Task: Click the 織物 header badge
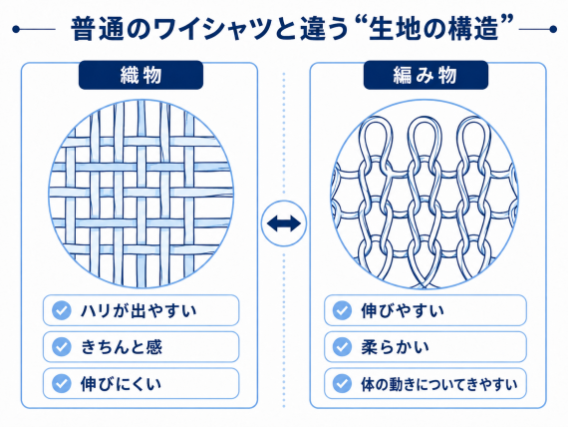(x=141, y=75)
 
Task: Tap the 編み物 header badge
(x=426, y=75)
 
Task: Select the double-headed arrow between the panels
(x=284, y=223)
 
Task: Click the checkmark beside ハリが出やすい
(x=61, y=310)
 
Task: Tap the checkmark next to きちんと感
(x=61, y=347)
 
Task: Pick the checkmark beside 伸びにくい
(x=61, y=383)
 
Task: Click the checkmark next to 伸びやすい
(x=342, y=310)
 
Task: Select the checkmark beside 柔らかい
(x=342, y=347)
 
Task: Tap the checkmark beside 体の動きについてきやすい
(x=342, y=383)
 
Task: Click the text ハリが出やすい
(x=139, y=310)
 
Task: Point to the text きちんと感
(x=122, y=347)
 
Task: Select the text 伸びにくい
(x=121, y=384)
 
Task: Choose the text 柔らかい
(x=395, y=347)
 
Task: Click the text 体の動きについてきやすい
(x=439, y=384)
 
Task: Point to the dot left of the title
(x=15, y=29)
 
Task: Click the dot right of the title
(x=553, y=29)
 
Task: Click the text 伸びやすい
(x=403, y=310)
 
